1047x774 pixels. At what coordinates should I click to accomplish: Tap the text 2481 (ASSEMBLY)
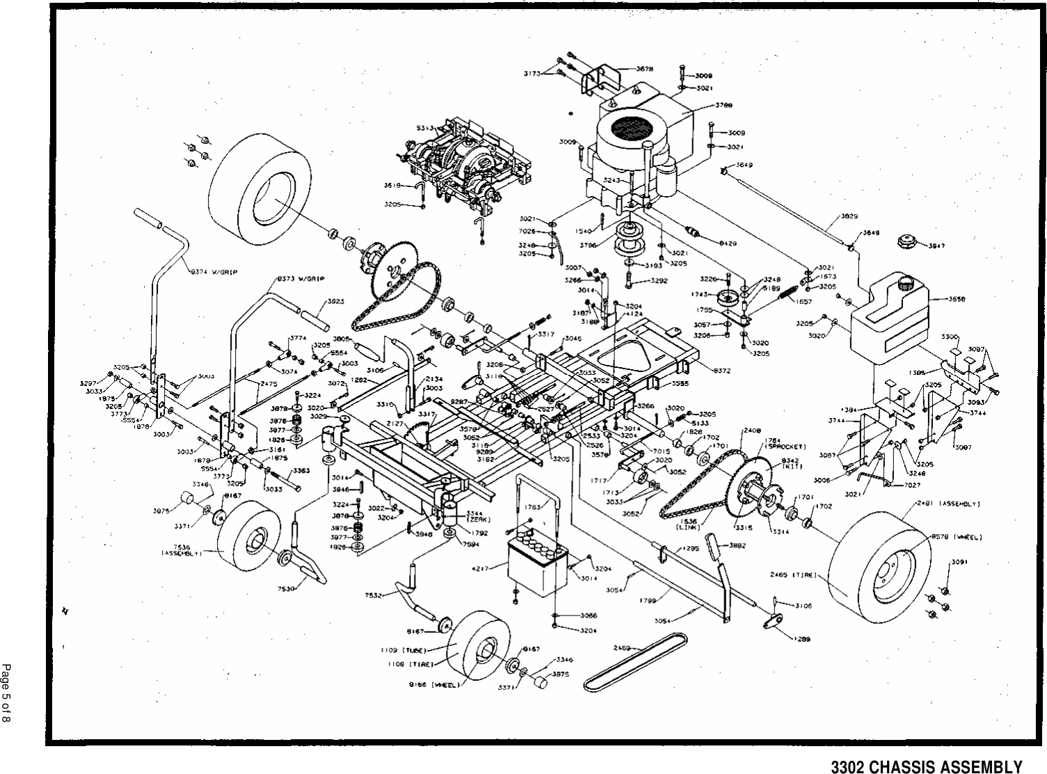[949, 503]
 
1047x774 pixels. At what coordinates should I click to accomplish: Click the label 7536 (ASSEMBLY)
[182, 549]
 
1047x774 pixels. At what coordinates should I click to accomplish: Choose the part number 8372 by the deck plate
[722, 371]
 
